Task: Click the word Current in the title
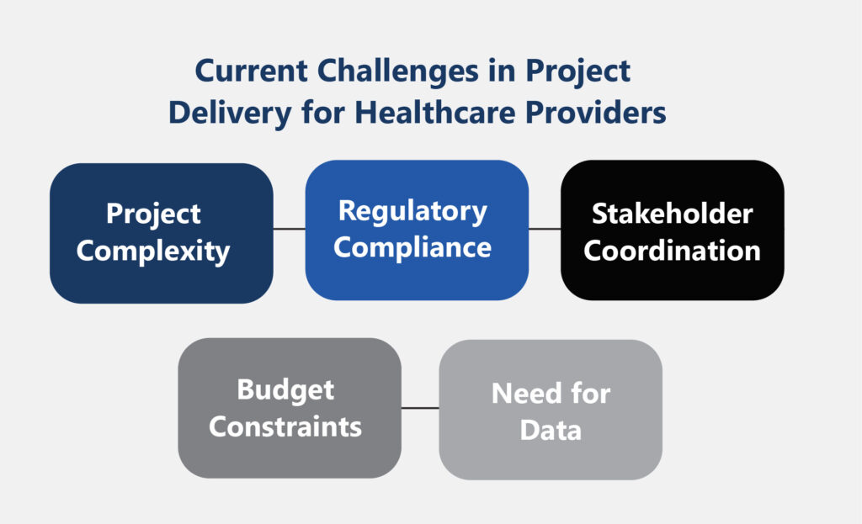251,71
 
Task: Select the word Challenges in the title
398,72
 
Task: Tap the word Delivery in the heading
230,114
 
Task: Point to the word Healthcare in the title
435,113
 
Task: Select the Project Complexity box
161,233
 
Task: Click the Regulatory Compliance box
417,230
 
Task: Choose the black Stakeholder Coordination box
673,230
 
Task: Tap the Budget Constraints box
290,408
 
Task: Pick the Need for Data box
551,410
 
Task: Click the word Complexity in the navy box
153,252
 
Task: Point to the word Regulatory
412,211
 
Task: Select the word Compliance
412,248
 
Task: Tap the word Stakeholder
673,214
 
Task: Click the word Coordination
673,251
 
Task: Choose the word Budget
285,391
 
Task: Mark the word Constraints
285,426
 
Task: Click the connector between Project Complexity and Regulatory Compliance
290,229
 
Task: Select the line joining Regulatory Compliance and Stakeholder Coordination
545,229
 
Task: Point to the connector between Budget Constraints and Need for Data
420,408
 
